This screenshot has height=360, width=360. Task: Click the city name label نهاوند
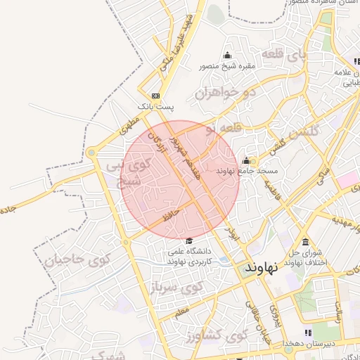point(262,268)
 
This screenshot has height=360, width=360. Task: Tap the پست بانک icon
point(155,95)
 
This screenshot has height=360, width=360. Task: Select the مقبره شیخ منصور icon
point(227,56)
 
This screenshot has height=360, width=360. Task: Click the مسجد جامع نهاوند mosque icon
point(246,160)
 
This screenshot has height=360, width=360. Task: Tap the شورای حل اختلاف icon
point(305,243)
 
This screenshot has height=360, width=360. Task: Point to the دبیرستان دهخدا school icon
point(307,332)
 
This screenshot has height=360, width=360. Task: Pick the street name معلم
point(181,310)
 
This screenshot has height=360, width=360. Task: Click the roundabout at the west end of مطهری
point(92,153)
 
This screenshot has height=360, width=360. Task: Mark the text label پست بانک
point(153,106)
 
